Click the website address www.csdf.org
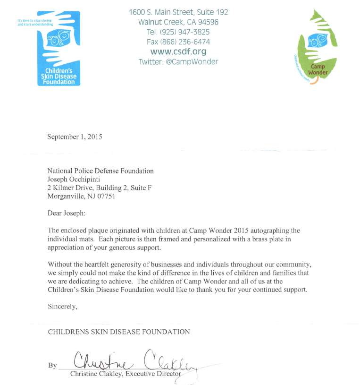pyautogui.click(x=178, y=51)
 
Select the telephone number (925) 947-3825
pyautogui.click(x=186, y=32)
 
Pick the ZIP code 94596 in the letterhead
pyautogui.click(x=205, y=22)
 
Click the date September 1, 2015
pyautogui.click(x=75, y=137)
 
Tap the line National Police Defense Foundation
pyautogui.click(x=100, y=171)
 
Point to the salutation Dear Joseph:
pyautogui.click(x=68, y=213)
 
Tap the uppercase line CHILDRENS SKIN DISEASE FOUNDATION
pyautogui.click(x=119, y=332)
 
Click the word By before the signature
pyautogui.click(x=52, y=366)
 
